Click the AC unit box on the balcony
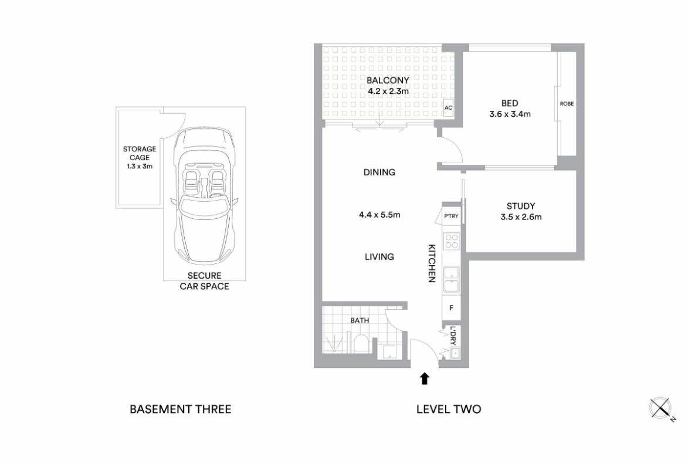(448, 108)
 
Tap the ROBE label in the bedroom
(567, 104)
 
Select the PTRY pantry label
(451, 216)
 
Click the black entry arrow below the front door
(424, 378)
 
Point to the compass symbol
(660, 408)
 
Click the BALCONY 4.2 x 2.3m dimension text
(388, 92)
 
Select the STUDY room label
(521, 206)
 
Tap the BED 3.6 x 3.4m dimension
(510, 114)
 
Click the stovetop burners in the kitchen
(452, 241)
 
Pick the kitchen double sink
(452, 280)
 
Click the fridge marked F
(452, 308)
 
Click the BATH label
(360, 320)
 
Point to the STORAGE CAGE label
(140, 153)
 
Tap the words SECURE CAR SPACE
(205, 281)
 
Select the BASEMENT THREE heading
(180, 409)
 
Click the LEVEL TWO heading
(449, 409)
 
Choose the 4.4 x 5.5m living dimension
(379, 215)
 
